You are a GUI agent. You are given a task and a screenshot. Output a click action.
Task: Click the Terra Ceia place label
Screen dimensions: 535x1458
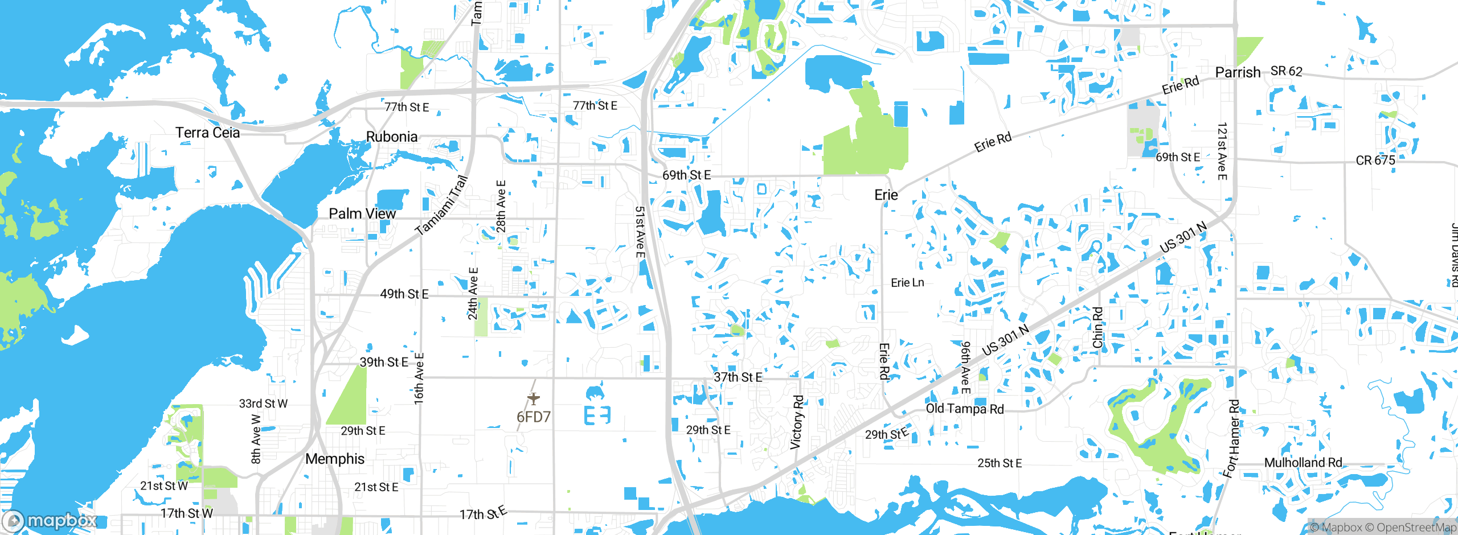pos(207,133)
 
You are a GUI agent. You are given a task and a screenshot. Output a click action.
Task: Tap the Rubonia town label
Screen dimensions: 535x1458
pos(392,137)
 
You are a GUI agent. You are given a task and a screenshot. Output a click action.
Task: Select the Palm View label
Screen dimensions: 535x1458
pos(362,213)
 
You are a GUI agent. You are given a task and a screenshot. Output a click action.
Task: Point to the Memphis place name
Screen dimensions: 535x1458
pos(335,459)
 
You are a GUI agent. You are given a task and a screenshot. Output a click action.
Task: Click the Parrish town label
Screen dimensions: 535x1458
pos(1238,72)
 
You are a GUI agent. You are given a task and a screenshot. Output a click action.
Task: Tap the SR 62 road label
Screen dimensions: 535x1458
pos(1287,71)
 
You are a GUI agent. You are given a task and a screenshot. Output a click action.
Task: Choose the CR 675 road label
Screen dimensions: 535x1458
pos(1375,160)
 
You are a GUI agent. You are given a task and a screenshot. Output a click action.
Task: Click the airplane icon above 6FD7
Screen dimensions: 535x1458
pos(533,398)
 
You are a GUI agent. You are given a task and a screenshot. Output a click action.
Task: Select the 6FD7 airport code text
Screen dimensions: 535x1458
pos(534,417)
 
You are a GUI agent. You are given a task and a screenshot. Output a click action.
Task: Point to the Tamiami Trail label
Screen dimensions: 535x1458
pos(442,205)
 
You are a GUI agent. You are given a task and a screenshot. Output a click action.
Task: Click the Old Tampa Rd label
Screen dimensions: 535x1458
pos(965,409)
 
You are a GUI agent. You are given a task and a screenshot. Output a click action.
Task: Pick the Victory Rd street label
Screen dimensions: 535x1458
pos(797,422)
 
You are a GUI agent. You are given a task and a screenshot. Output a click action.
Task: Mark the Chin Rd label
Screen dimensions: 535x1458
pos(1097,327)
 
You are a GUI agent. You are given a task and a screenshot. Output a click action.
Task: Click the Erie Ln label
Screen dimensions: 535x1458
pos(907,283)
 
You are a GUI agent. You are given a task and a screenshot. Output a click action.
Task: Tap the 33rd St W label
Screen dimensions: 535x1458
pos(263,404)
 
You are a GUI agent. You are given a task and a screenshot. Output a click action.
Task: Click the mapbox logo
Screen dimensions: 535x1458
pos(50,520)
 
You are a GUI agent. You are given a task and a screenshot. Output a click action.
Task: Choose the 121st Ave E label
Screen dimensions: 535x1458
pos(1222,151)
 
